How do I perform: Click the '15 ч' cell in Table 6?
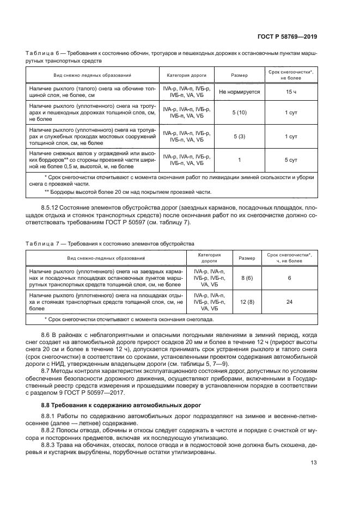291,93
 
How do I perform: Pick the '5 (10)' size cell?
240,112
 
